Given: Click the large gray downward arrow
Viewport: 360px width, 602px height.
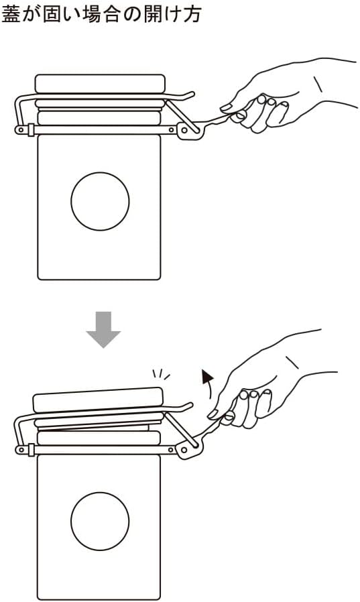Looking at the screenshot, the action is (103, 329).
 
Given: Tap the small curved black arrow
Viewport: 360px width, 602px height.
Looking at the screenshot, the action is (208, 381).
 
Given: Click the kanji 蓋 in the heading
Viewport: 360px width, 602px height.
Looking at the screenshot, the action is (11, 15).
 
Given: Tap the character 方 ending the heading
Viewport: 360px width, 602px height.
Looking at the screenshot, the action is (192, 15).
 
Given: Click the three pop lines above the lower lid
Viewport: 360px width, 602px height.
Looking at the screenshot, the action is (161, 374).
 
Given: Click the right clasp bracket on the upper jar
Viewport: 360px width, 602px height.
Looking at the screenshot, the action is (189, 131).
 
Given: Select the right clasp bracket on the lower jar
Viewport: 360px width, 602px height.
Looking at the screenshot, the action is (188, 449).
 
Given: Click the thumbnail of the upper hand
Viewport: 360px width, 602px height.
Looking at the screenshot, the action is (226, 107).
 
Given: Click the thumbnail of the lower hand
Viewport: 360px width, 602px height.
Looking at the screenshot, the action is (213, 414).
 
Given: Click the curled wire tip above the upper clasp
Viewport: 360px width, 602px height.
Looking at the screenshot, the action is (189, 95).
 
